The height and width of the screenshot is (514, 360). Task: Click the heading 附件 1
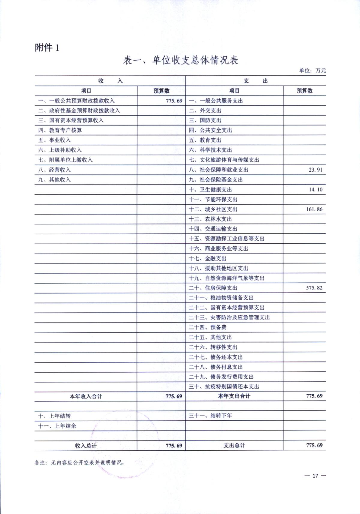pos(47,47)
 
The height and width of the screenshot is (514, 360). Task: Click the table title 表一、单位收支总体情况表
pos(180,60)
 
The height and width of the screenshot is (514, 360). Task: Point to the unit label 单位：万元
pos(312,71)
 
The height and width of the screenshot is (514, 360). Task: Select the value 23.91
pos(315,170)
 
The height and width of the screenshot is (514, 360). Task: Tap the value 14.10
pos(316,190)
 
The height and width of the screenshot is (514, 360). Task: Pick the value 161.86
pos(314,209)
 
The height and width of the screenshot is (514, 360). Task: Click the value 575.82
pos(314,288)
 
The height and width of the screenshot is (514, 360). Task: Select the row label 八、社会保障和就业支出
pos(218,170)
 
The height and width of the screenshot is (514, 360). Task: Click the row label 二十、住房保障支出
pos(213,288)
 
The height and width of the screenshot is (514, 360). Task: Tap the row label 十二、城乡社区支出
pos(213,209)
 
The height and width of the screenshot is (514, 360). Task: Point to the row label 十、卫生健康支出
pos(210,190)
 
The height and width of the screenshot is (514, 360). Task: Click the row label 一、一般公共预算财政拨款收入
pos(76,101)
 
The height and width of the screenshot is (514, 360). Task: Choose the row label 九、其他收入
pos(54,180)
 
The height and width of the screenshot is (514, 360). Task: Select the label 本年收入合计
pos(86,396)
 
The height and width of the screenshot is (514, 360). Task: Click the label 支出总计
pos(234,446)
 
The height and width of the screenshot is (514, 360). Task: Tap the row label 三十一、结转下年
pos(210,416)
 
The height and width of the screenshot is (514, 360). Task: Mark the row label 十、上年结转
pos(54,416)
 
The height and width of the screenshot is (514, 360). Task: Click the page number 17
pos(315,476)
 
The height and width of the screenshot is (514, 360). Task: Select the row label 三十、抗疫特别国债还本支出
pos(224,386)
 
